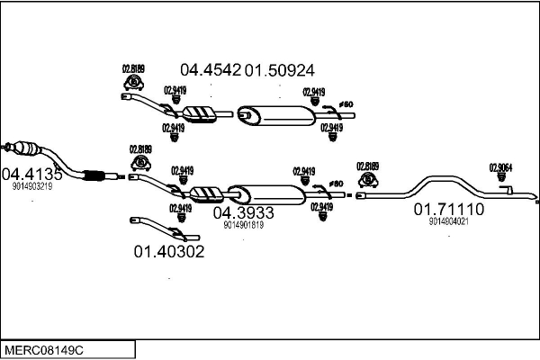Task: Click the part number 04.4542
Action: [211, 69]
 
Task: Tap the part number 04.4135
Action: [31, 174]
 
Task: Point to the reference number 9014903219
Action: [32, 187]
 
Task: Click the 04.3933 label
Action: [243, 213]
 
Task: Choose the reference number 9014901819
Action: [243, 225]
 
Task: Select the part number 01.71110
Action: [448, 209]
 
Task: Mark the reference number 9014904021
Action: [448, 220]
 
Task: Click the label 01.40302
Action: [169, 252]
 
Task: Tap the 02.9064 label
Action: [500, 166]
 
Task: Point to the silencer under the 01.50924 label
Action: [280, 114]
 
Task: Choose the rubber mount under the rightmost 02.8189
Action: [367, 180]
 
